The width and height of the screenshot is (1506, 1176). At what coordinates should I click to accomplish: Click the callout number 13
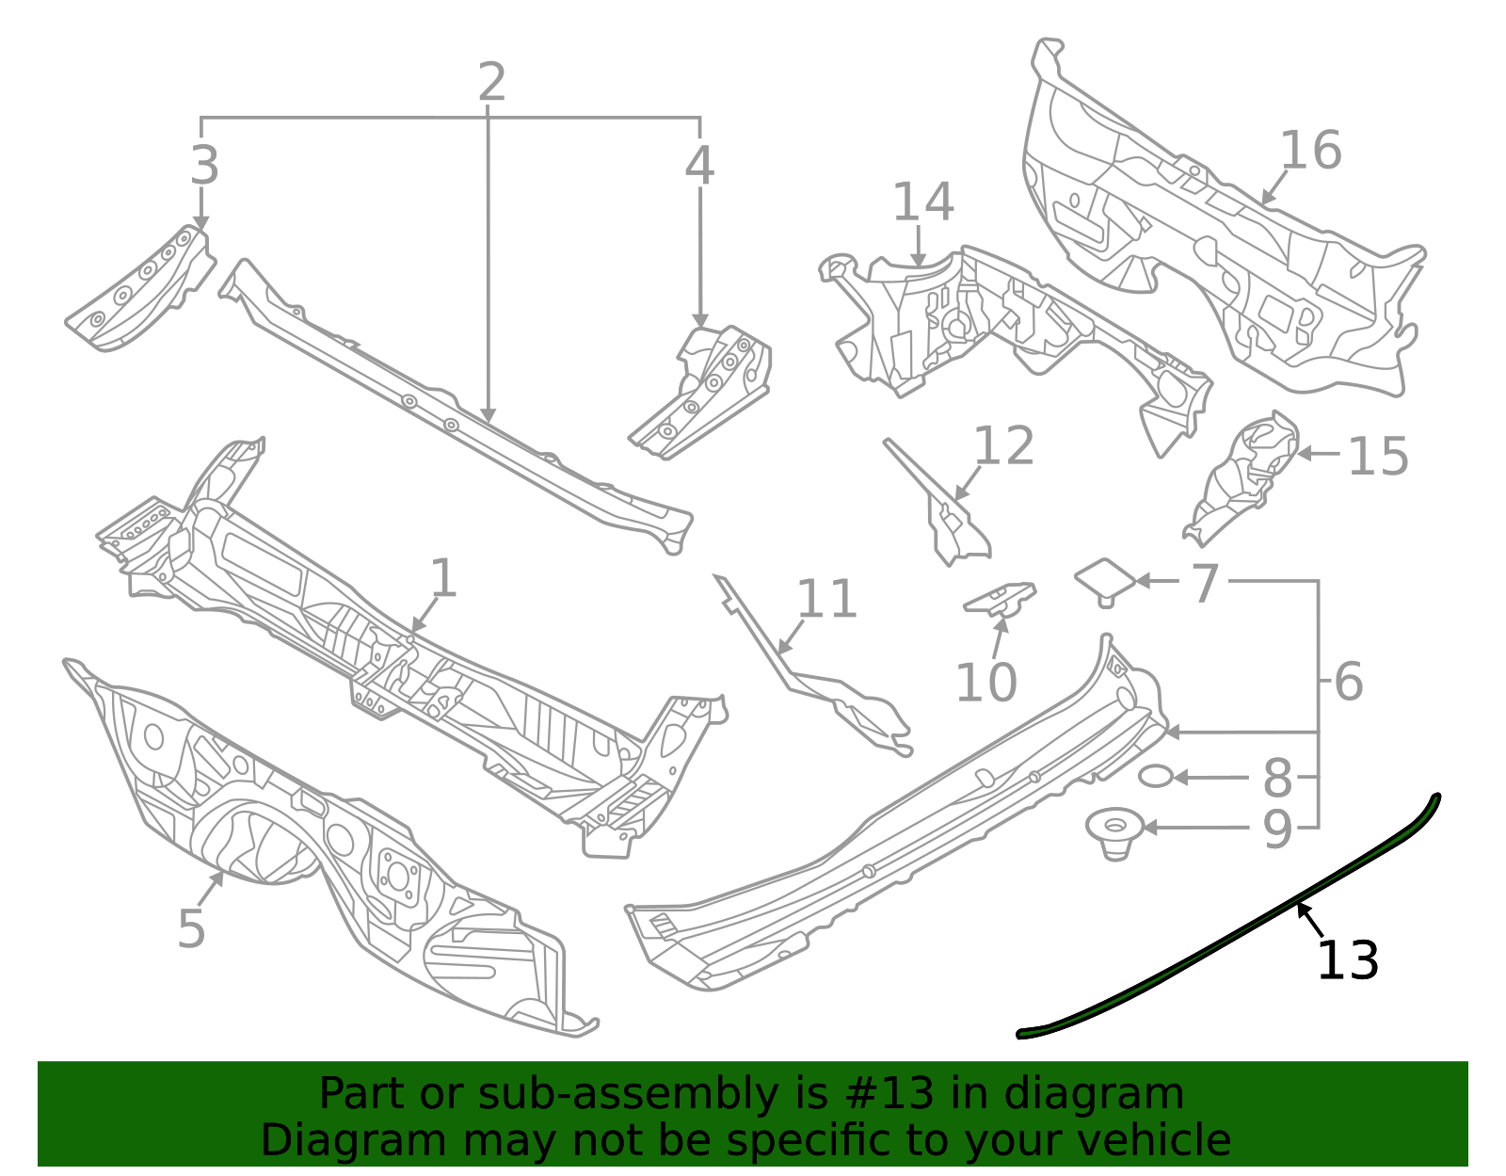click(1347, 960)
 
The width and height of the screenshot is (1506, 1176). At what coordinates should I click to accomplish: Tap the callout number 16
click(1310, 151)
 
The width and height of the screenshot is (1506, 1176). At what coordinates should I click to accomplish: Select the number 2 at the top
click(491, 83)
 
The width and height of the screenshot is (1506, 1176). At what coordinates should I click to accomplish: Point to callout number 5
click(191, 929)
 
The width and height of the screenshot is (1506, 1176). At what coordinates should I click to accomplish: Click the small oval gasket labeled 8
click(1156, 777)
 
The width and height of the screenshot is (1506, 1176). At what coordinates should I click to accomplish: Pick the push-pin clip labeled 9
click(1115, 832)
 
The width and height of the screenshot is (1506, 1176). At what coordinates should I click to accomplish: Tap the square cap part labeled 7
click(1105, 579)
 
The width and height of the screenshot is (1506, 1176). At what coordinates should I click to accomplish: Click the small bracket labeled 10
click(1001, 599)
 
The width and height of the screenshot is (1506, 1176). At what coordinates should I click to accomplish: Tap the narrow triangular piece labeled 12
click(941, 508)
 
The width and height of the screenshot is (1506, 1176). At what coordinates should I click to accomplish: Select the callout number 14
click(922, 202)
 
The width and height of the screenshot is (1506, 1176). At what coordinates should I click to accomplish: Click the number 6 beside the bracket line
click(1348, 682)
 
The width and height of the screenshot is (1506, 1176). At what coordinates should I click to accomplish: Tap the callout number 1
click(442, 578)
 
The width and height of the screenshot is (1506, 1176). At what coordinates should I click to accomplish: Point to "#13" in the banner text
click(883, 1094)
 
